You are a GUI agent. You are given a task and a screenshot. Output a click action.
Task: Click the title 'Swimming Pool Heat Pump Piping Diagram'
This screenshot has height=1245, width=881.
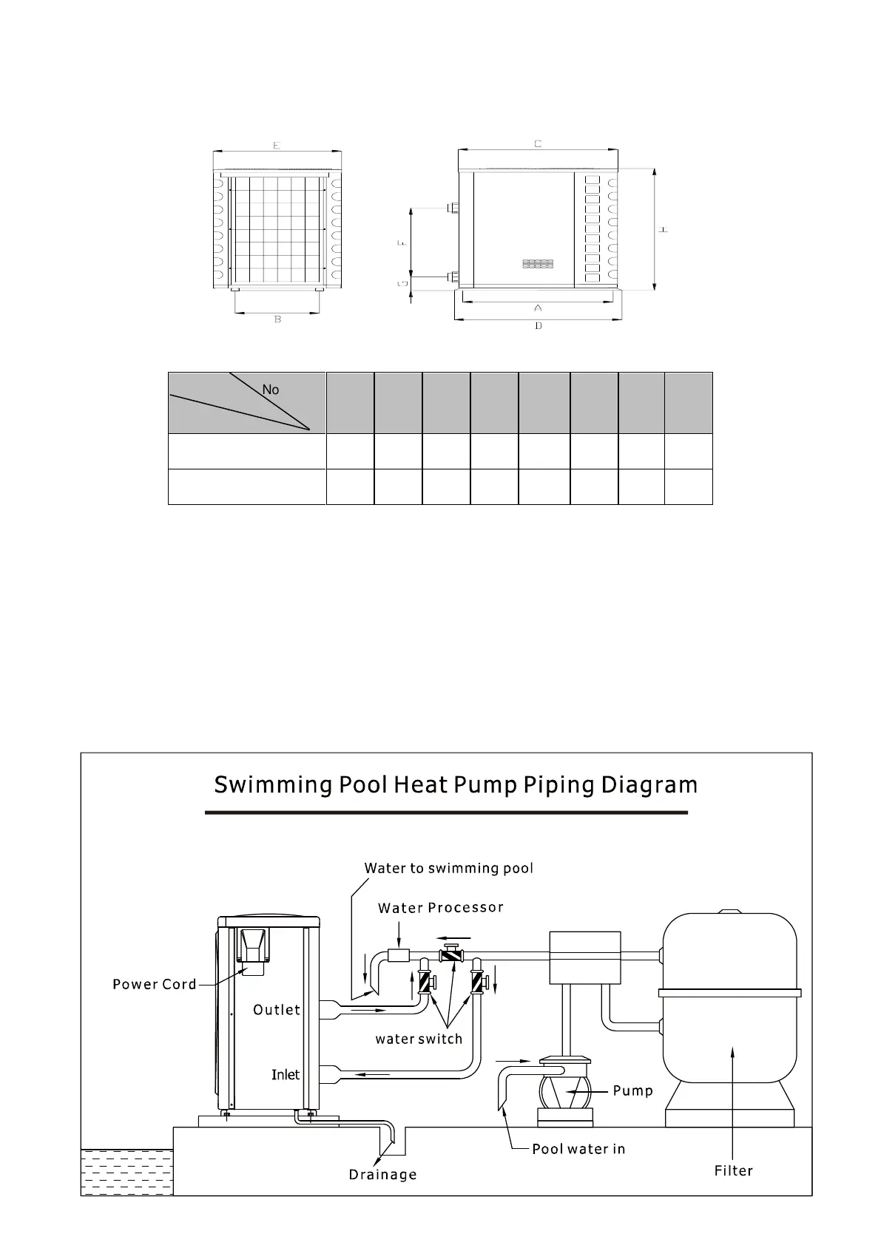coord(455,784)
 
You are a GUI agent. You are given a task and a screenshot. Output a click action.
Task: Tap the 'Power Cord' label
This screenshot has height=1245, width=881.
coord(155,984)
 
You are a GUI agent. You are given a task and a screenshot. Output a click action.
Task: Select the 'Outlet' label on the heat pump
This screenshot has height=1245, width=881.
coord(277,1010)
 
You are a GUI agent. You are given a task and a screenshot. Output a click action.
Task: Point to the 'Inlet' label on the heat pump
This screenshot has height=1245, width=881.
coord(286,1074)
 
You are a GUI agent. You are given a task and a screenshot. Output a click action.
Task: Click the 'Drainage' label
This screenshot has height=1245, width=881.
coord(382,1175)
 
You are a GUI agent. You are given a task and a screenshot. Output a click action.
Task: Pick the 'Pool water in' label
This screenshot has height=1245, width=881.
coord(578,1149)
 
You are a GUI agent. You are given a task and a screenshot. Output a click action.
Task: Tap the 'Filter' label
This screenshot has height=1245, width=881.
coord(733,1170)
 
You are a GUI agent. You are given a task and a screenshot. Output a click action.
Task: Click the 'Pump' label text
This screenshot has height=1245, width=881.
coord(632,1090)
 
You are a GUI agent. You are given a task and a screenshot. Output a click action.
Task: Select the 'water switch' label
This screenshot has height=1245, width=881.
coord(419,1039)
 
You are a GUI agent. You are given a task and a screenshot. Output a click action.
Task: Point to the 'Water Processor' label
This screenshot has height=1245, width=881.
coord(440,908)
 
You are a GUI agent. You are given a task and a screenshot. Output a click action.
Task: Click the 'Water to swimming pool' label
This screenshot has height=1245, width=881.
coord(448,868)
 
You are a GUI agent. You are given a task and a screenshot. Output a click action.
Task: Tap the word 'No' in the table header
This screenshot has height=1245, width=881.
coord(271,390)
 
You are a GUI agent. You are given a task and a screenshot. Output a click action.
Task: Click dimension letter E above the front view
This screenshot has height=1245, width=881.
coord(276,146)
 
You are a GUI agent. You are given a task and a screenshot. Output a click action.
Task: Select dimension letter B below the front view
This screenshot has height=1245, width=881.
coord(277,319)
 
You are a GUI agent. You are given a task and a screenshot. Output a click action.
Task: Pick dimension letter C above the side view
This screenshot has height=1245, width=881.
coord(538,143)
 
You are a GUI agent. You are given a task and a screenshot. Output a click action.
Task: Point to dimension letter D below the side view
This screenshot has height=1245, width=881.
coord(538,326)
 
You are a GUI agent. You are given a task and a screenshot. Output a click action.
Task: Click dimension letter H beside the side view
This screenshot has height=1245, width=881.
coord(664,230)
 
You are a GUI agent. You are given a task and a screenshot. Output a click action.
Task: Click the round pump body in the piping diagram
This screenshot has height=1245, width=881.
coord(566,1090)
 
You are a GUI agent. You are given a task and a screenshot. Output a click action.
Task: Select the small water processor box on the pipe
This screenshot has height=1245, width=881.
coord(399,955)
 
